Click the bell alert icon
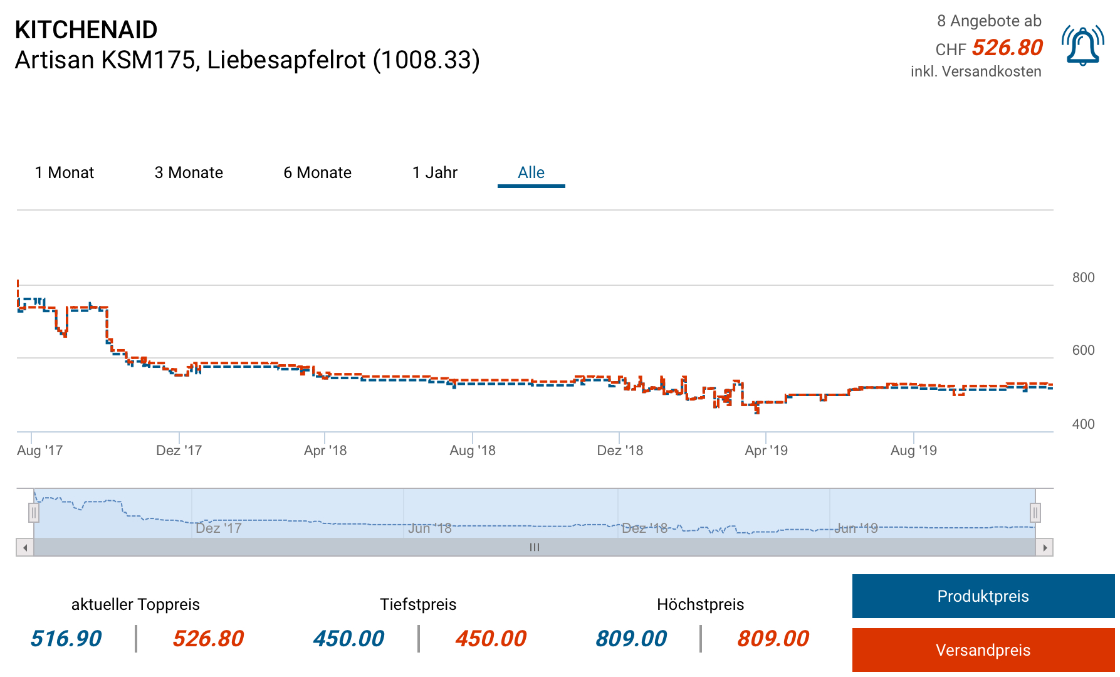[1082, 46]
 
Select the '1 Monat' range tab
[65, 172]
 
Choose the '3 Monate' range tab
[189, 172]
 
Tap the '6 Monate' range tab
[317, 172]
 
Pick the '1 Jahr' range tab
[435, 172]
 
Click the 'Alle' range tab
[531, 172]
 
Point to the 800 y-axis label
[1083, 278]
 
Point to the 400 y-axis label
[1083, 424]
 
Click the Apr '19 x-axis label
[766, 450]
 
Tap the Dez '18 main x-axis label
[620, 450]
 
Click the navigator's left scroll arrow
[25, 547]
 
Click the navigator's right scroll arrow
[1044, 547]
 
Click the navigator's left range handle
[34, 513]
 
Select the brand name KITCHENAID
[86, 29]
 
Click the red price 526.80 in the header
[1007, 48]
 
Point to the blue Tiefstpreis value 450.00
[348, 639]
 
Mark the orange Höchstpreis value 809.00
[773, 639]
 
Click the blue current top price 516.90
[66, 639]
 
